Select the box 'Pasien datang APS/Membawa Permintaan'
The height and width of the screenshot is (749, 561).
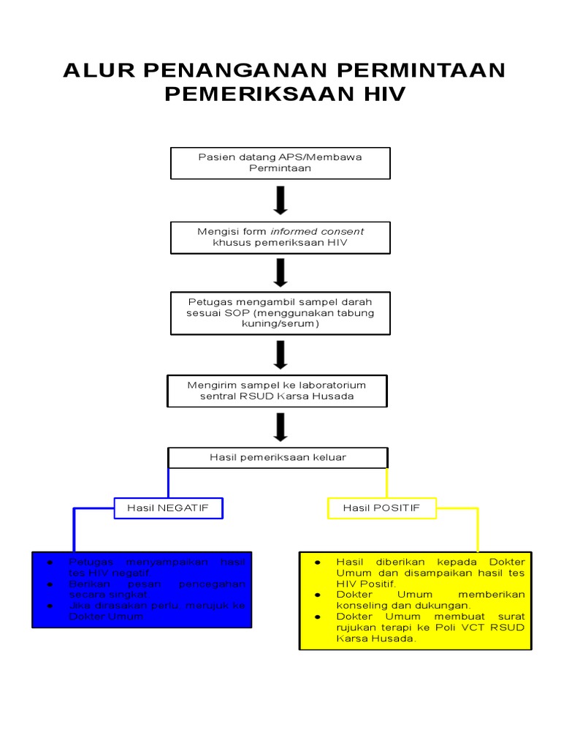click(280, 162)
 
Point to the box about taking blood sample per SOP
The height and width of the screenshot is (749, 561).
click(280, 312)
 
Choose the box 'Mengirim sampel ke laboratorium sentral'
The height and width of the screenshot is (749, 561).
click(277, 391)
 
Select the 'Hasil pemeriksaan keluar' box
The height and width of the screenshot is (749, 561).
click(278, 457)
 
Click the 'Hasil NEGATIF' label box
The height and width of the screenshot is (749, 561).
click(168, 508)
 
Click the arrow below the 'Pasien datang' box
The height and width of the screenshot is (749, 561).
click(280, 200)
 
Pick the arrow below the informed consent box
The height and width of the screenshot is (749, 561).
click(280, 272)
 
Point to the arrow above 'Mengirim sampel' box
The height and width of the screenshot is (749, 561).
click(280, 355)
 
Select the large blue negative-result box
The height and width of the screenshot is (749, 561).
click(142, 589)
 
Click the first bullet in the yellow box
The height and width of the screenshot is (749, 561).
click(318, 562)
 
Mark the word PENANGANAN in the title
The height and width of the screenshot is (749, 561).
click(224, 71)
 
